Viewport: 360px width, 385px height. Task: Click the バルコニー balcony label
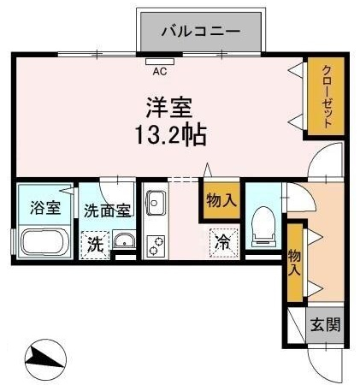(201, 31)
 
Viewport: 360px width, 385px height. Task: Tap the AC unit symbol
(160, 62)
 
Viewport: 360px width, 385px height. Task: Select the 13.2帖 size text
(170, 134)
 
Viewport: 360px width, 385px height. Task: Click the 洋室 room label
(169, 108)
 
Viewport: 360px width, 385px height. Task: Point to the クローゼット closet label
(328, 97)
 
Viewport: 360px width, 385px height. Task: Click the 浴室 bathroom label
(45, 208)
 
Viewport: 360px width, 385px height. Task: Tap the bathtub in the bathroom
(44, 242)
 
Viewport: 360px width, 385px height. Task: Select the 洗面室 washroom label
(107, 210)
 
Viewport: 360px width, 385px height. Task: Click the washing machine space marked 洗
(95, 245)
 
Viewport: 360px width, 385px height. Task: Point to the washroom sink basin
(124, 240)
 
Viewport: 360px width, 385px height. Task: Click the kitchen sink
(156, 203)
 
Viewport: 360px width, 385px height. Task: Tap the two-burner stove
(156, 246)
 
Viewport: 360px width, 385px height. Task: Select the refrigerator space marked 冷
(224, 243)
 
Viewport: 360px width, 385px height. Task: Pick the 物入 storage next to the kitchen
(221, 200)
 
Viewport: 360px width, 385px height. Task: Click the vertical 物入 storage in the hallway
(294, 263)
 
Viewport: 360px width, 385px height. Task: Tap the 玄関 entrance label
(326, 324)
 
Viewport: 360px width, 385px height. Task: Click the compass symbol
(45, 359)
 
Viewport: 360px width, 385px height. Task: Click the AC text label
(160, 71)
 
